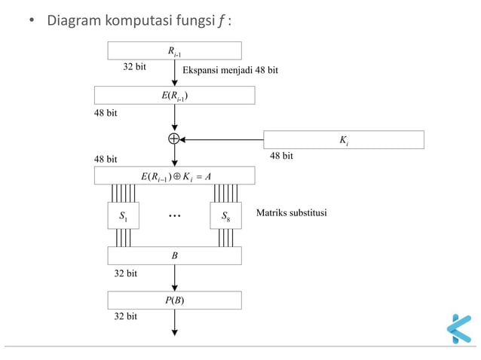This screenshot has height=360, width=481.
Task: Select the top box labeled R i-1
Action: [x=175, y=50]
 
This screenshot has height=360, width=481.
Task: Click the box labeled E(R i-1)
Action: [x=175, y=95]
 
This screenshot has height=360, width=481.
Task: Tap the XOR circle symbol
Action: [x=175, y=139]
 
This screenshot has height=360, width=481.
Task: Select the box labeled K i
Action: [x=344, y=139]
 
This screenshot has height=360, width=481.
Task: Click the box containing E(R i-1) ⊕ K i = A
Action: [x=175, y=175]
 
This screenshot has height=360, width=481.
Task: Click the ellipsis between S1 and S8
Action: [x=175, y=216]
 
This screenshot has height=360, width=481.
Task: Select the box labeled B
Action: [x=175, y=255]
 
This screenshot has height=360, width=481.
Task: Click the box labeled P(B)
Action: [x=175, y=300]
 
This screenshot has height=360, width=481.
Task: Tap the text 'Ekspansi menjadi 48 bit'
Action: [x=230, y=70]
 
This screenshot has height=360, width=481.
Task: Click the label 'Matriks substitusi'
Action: [x=291, y=214]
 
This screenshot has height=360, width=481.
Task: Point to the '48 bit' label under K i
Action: [x=281, y=156]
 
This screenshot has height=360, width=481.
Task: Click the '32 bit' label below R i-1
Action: [x=134, y=67]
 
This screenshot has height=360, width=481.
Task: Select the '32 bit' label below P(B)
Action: [x=125, y=317]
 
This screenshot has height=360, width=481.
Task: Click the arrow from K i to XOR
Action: [x=222, y=139]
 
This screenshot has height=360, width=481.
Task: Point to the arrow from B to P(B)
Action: [x=175, y=277]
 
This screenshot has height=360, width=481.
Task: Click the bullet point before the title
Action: [x=32, y=20]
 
